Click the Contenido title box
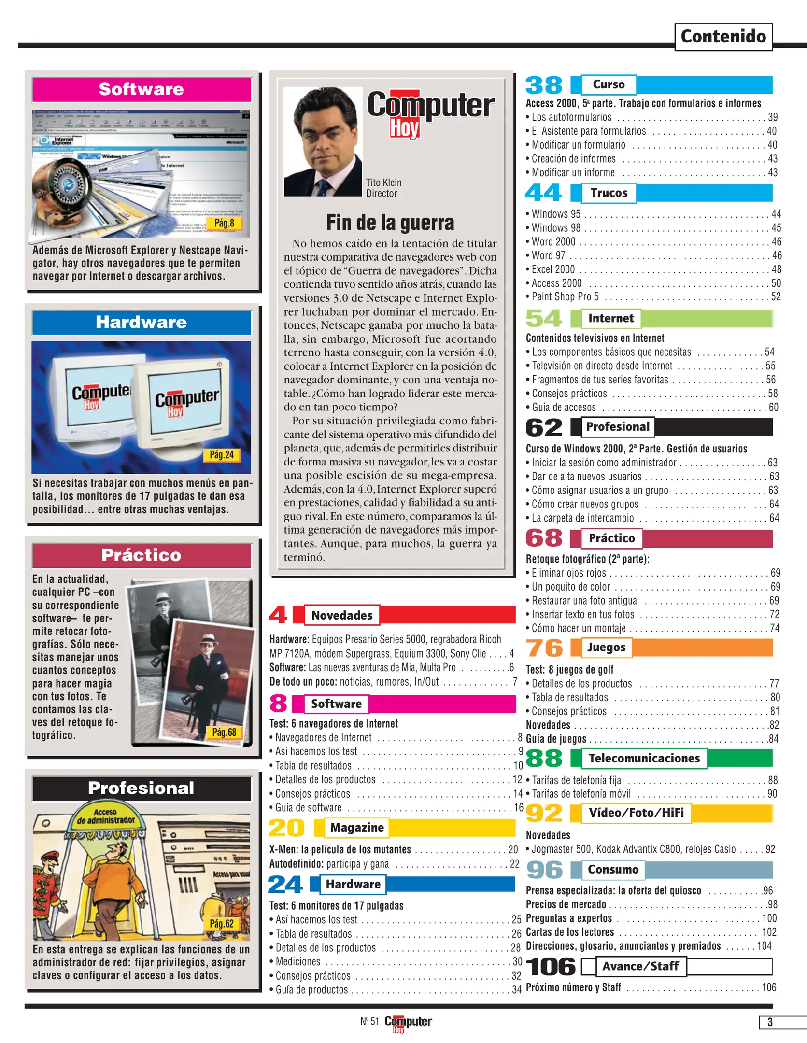722,37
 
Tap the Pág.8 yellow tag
224,223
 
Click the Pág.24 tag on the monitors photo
222,454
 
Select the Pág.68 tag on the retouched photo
224,732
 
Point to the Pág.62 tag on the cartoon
222,923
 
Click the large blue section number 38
544,85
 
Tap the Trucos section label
609,193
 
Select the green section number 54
544,319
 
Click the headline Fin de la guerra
390,223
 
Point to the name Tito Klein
383,183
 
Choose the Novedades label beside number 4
342,615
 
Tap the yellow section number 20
286,828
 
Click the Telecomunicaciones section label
644,758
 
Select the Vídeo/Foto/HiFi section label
636,813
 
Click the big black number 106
551,967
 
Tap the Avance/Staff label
640,966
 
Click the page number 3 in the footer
770,1022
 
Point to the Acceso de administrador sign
106,816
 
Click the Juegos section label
606,647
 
